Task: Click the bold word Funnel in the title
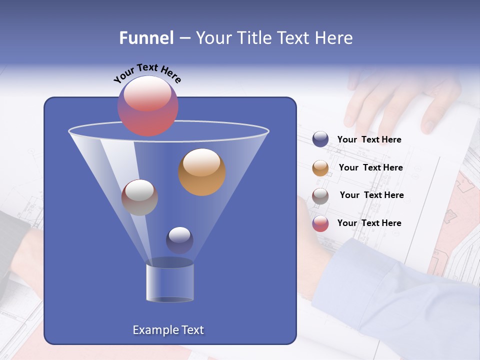click(x=146, y=38)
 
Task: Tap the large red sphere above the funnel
click(x=148, y=106)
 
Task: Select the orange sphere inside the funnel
click(x=202, y=172)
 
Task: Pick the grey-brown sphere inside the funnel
click(x=139, y=197)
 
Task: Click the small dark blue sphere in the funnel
click(x=179, y=240)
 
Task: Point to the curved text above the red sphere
click(x=147, y=73)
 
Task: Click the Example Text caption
click(x=168, y=330)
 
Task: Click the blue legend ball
click(x=320, y=139)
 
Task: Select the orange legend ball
click(x=320, y=168)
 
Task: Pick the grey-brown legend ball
click(x=320, y=196)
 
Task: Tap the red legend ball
click(x=320, y=223)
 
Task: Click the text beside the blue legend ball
click(x=369, y=140)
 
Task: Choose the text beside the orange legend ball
click(x=370, y=168)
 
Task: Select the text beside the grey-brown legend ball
click(x=371, y=195)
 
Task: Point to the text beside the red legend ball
click(x=369, y=223)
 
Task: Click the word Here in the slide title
click(x=334, y=38)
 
